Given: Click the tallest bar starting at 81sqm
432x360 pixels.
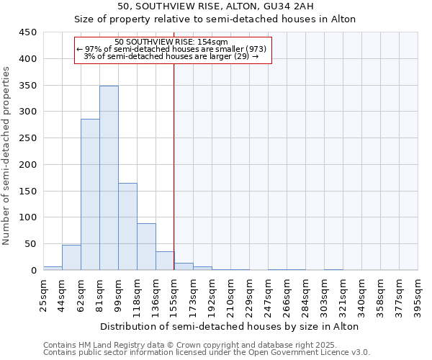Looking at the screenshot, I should tap(109, 178).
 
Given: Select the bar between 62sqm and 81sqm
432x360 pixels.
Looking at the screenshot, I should tap(90, 194).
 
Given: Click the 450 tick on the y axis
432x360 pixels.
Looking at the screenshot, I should tap(28, 32).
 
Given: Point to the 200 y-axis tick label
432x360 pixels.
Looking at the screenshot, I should tap(28, 164).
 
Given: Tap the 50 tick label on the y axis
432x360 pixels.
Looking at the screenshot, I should tap(31, 244).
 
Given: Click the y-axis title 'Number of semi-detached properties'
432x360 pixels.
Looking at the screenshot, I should tap(7, 156).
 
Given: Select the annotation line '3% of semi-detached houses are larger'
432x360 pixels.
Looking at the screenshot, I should tap(171, 56).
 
